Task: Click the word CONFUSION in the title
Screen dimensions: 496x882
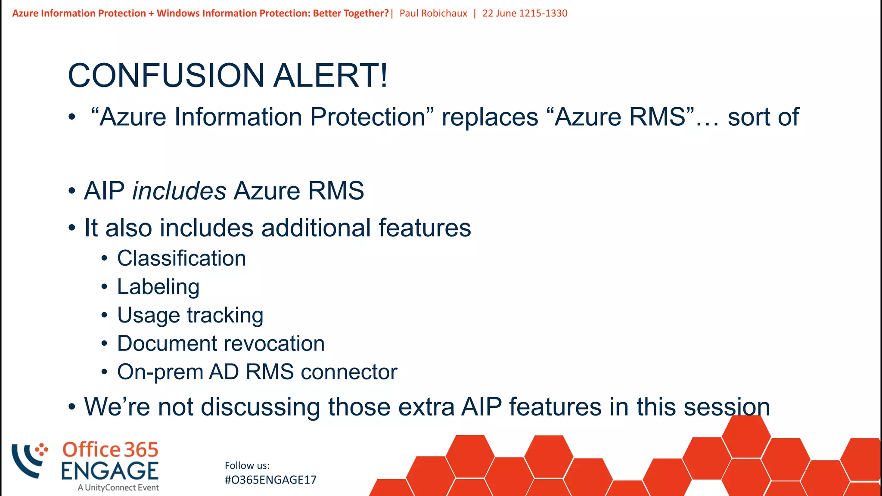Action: [166, 76]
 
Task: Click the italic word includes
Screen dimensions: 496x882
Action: [179, 191]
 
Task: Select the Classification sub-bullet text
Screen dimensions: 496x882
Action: [181, 258]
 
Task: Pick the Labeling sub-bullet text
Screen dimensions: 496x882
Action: [158, 287]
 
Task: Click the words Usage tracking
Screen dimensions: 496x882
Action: [190, 315]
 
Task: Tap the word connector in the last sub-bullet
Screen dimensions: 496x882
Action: [349, 372]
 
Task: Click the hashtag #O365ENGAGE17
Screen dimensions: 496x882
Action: [270, 480]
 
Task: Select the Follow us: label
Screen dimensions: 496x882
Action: [247, 465]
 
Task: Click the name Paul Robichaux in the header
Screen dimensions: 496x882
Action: [433, 13]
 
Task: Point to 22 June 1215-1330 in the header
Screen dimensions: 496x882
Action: [525, 13]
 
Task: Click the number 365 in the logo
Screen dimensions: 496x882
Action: [141, 450]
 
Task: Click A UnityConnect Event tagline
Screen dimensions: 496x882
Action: [118, 488]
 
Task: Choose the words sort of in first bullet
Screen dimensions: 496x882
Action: [763, 117]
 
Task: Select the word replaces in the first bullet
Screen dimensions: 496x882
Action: [490, 117]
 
